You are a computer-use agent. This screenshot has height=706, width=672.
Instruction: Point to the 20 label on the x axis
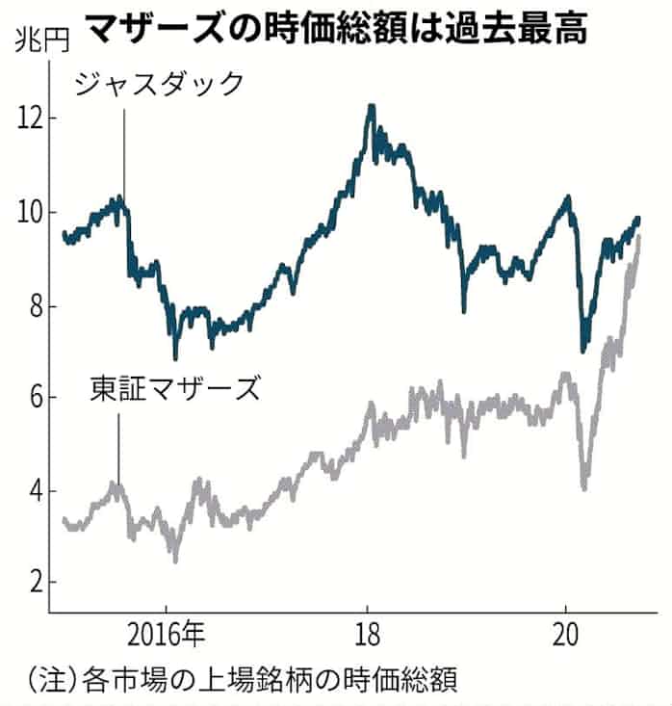point(566,637)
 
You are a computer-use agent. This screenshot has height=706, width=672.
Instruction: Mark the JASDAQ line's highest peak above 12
point(371,105)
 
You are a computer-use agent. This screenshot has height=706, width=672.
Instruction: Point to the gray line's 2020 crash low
point(584,488)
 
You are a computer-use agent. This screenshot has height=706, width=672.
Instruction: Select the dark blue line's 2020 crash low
point(583,351)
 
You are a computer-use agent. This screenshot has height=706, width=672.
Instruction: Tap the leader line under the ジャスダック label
point(123,154)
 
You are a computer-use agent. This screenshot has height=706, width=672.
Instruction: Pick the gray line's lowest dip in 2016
point(175,560)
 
